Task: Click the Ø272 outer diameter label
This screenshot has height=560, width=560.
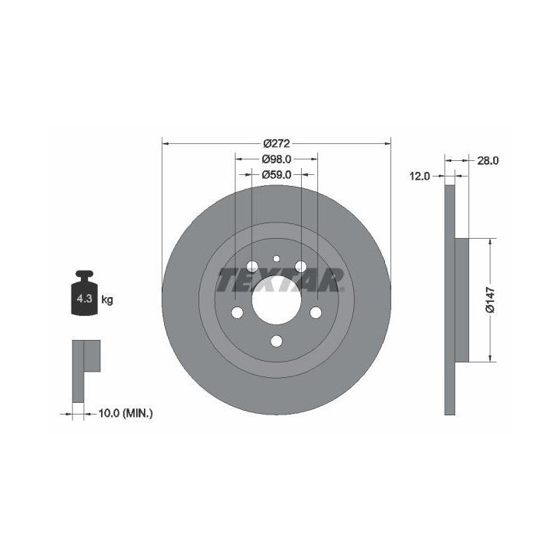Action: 276,144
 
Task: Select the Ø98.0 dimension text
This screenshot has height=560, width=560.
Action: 276,159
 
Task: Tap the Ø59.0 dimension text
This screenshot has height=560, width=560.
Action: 276,175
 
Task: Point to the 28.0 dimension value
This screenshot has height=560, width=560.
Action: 488,161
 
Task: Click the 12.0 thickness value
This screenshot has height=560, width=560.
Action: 420,176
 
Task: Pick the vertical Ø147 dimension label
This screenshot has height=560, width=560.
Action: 490,299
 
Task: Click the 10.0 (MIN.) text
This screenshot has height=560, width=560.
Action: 125,414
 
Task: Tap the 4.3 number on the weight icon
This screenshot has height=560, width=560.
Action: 85,299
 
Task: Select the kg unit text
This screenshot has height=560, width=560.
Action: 107,299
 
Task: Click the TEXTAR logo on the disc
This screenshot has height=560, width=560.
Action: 280,280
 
